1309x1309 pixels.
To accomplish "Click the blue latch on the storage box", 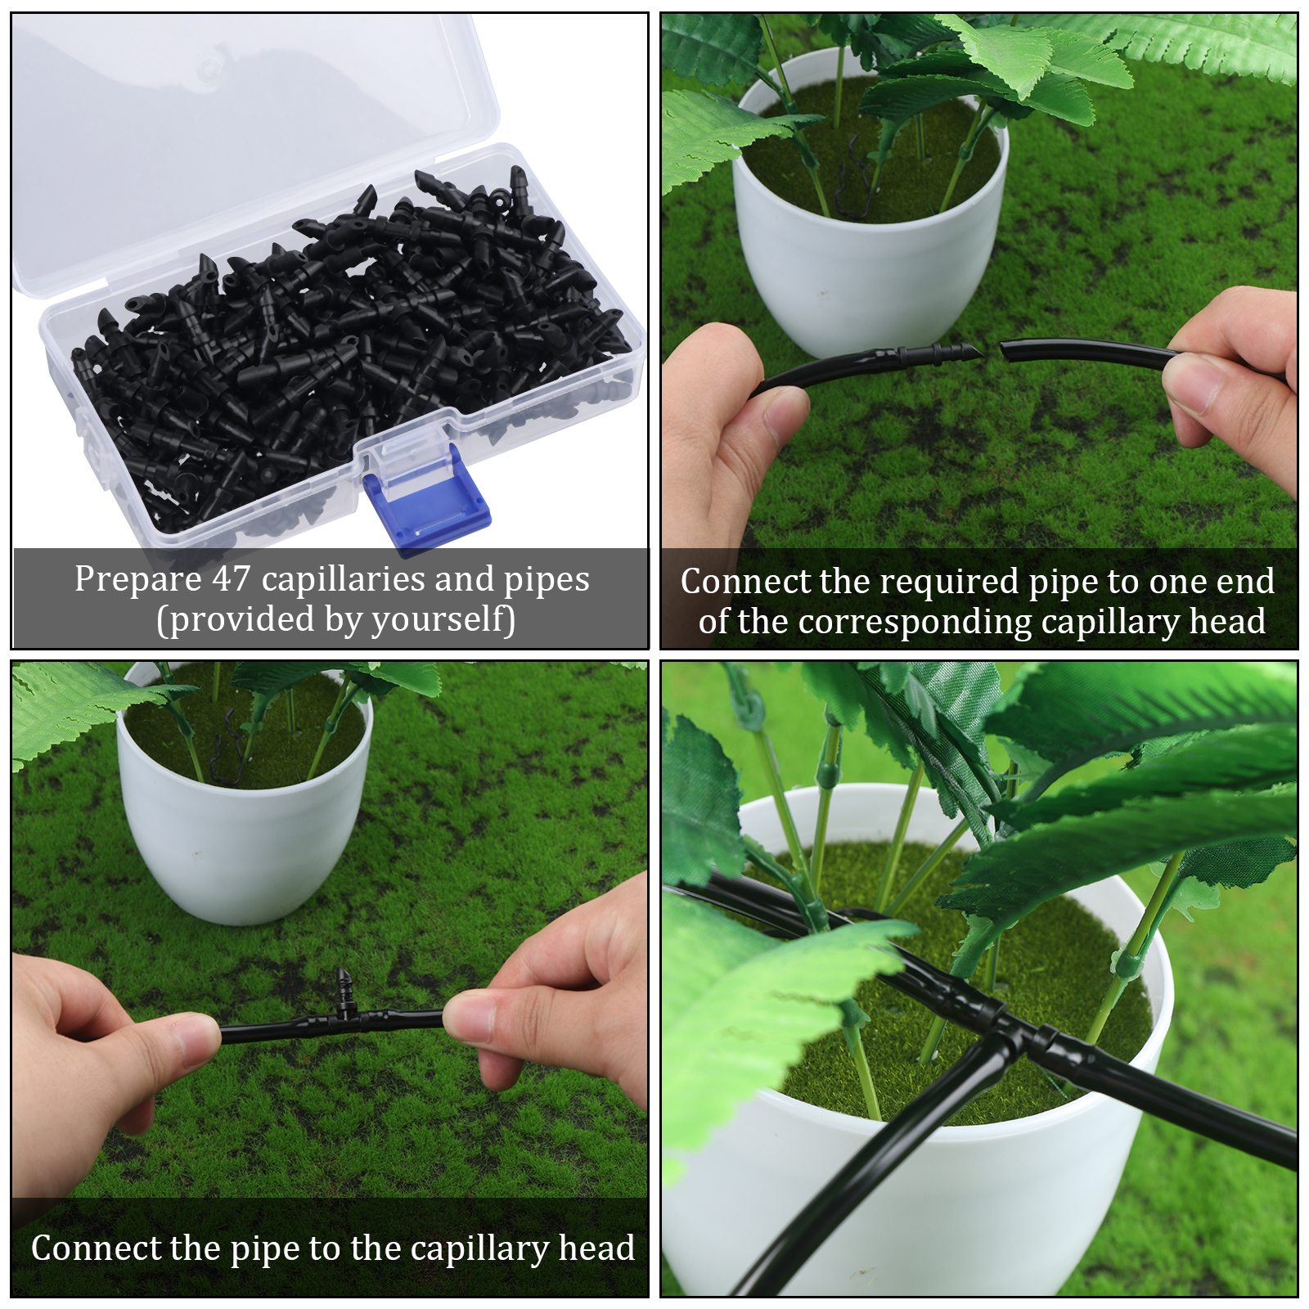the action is pyautogui.click(x=426, y=500).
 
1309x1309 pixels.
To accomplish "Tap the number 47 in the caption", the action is pyautogui.click(x=232, y=578).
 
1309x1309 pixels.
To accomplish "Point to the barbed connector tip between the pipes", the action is pyautogui.click(x=974, y=353).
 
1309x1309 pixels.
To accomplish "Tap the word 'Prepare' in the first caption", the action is pyautogui.click(x=137, y=580).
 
